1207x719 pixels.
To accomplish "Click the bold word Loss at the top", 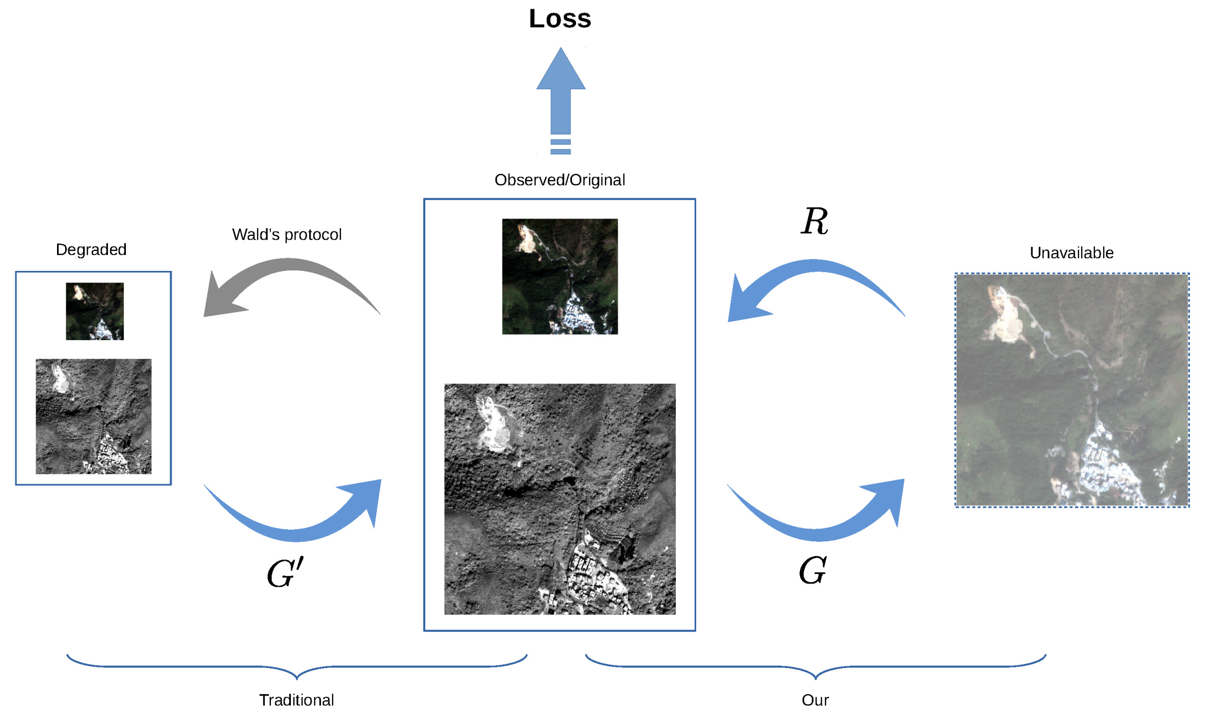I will pyautogui.click(x=560, y=19).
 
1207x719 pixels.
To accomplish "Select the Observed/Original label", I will pyautogui.click(x=559, y=180).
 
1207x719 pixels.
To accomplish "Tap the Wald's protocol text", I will pyautogui.click(x=287, y=234).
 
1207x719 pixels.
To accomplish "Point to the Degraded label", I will pyautogui.click(x=91, y=250).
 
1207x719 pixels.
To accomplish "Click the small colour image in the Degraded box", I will pyautogui.click(x=95, y=311).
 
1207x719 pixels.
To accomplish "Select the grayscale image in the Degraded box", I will pyautogui.click(x=93, y=416).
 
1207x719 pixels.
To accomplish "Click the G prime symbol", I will pyautogui.click(x=285, y=573).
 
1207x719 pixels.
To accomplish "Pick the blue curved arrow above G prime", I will pyautogui.click(x=306, y=524).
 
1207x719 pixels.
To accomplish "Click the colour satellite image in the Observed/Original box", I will pyautogui.click(x=560, y=276).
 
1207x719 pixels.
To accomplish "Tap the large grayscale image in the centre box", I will pyautogui.click(x=560, y=499).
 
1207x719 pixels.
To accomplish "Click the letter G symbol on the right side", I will pyautogui.click(x=812, y=570).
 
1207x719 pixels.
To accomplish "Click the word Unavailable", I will pyautogui.click(x=1071, y=253).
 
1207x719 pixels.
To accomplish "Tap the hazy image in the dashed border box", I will pyautogui.click(x=1072, y=390).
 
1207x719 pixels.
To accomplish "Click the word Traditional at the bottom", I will pyautogui.click(x=296, y=700).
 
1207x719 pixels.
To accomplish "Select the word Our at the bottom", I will pyautogui.click(x=815, y=700).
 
